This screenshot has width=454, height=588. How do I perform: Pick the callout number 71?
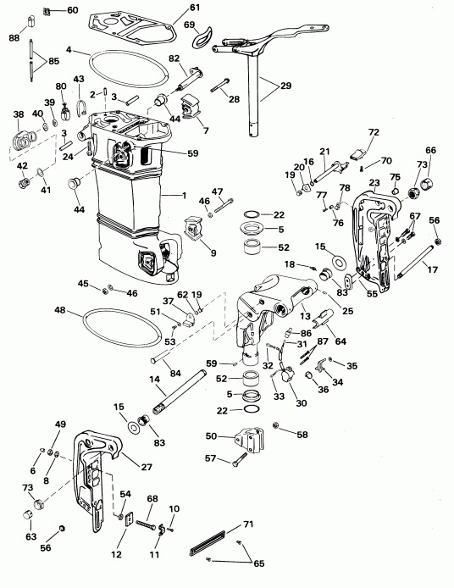[248, 526]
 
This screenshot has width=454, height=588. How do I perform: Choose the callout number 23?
[374, 182]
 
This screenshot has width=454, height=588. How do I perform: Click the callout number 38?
[18, 114]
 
